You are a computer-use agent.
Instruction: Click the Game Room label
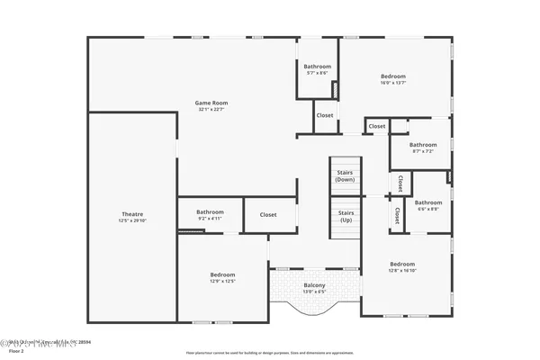(210, 103)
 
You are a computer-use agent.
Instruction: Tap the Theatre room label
(130, 214)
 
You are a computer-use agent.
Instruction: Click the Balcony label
(314, 285)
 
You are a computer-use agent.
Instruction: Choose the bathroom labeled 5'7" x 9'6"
(317, 67)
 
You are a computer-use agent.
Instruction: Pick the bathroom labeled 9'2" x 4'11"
(210, 211)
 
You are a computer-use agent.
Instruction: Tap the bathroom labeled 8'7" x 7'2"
(423, 145)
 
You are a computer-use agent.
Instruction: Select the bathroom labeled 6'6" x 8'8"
(428, 202)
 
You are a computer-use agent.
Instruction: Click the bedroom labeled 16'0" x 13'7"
(393, 76)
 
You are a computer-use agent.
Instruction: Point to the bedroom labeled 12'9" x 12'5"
(222, 274)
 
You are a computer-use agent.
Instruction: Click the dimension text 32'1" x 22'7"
(210, 110)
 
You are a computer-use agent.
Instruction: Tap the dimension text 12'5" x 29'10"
(130, 220)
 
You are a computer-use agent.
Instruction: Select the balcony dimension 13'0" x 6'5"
(314, 292)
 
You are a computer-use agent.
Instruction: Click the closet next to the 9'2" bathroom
(268, 214)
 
